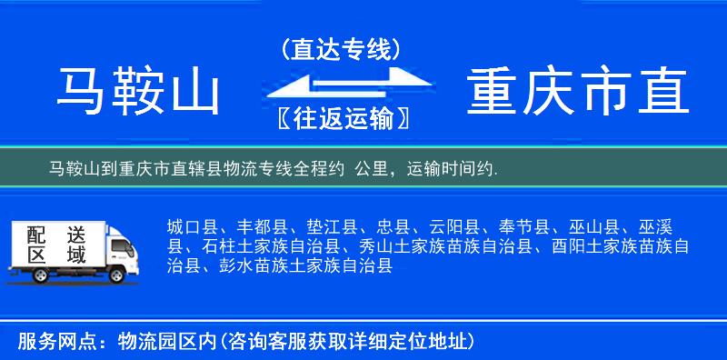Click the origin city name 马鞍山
(x=138, y=93)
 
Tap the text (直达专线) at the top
(x=341, y=49)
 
